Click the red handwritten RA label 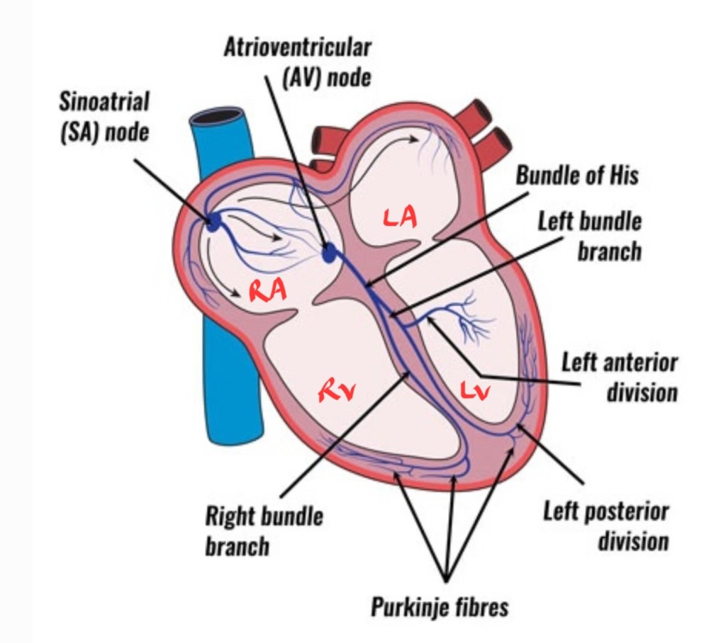(266, 291)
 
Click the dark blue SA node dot (213, 223)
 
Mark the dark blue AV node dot (330, 251)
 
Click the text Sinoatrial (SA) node (105, 116)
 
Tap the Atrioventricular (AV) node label (297, 62)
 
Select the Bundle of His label (576, 176)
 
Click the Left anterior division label (620, 377)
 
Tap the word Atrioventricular (297, 48)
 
